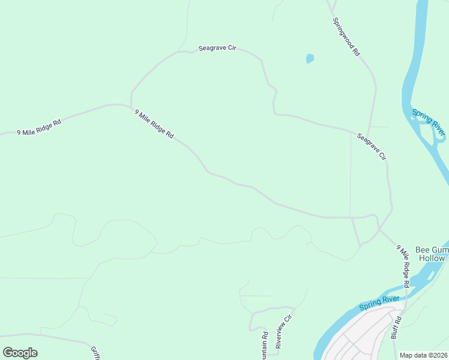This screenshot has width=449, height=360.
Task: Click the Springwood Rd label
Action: (x=346, y=37)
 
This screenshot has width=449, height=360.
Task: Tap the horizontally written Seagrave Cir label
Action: (x=217, y=48)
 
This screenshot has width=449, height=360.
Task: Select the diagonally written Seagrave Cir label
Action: (x=372, y=147)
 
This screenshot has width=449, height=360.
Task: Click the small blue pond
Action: (x=310, y=58)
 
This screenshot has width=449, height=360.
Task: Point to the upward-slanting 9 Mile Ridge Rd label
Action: (x=39, y=127)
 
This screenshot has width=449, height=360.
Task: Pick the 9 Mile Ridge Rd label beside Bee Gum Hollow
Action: (x=403, y=266)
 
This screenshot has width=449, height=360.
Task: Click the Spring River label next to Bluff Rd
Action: (x=379, y=303)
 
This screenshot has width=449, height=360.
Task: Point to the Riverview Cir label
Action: (x=283, y=331)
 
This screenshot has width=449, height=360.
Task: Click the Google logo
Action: (x=20, y=353)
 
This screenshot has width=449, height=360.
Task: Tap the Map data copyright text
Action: (x=424, y=355)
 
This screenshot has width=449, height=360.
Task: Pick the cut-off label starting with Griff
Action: (x=95, y=353)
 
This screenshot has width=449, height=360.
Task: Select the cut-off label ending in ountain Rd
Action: (x=264, y=346)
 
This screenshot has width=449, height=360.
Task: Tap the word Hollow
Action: (x=432, y=258)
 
